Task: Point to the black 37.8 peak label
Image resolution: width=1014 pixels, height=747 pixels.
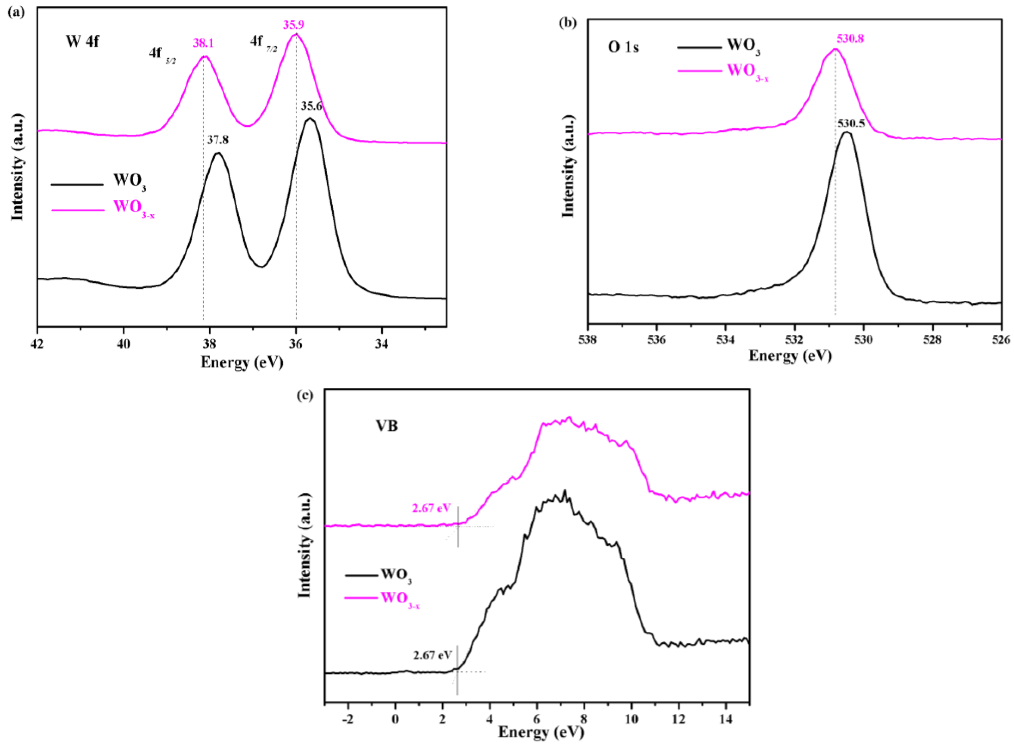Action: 218,140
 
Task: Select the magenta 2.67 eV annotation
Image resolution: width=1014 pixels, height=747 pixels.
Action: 431,508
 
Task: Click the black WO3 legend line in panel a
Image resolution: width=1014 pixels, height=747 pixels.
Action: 77,184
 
